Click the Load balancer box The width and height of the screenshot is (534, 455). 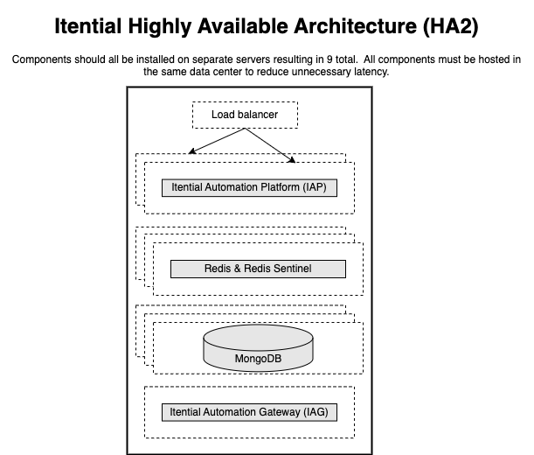245,115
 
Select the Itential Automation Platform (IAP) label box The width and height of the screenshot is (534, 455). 249,187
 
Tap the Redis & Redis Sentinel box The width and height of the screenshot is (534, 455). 253,269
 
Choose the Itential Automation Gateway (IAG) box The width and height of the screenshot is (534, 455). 249,411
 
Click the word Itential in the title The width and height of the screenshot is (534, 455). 89,27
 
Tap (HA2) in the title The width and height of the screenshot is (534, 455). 446,27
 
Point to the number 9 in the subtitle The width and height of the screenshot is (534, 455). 329,59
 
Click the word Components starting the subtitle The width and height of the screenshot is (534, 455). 42,59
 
